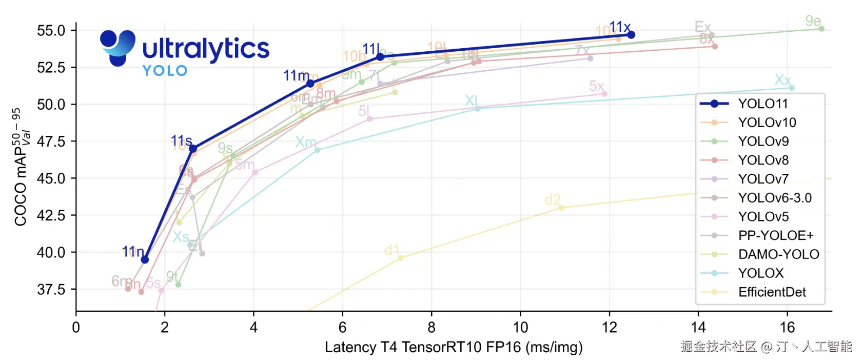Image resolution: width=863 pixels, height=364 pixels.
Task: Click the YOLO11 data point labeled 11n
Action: (145, 259)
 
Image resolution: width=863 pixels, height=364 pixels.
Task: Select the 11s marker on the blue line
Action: (193, 149)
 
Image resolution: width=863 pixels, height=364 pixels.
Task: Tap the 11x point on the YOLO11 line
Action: (631, 35)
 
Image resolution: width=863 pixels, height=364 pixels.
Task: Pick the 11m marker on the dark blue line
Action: (310, 84)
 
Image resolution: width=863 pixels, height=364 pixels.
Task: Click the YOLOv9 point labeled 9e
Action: (821, 29)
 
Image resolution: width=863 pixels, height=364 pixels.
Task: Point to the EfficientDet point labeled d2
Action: (561, 208)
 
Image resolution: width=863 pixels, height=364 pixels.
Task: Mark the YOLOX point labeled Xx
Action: (792, 88)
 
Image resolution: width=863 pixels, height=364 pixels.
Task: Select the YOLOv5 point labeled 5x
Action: (604, 94)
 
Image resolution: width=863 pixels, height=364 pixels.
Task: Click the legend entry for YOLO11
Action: (762, 104)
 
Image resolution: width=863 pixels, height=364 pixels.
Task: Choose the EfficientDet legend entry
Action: (772, 292)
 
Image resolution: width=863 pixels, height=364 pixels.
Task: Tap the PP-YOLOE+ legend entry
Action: (775, 235)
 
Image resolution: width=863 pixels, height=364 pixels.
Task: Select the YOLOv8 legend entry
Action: (763, 160)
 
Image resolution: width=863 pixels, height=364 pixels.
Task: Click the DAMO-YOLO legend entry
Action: (778, 254)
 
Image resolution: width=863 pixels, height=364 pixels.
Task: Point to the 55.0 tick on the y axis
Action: (51, 30)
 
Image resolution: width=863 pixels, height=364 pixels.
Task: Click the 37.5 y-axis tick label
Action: (51, 290)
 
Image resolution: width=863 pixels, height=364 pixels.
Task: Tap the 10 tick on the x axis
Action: (520, 328)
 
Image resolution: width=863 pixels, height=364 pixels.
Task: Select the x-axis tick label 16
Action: (787, 328)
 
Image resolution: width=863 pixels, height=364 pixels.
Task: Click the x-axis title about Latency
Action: (454, 347)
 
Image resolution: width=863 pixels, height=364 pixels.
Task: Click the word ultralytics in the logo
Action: (206, 49)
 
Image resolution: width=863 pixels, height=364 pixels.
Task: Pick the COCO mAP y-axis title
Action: (21, 167)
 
